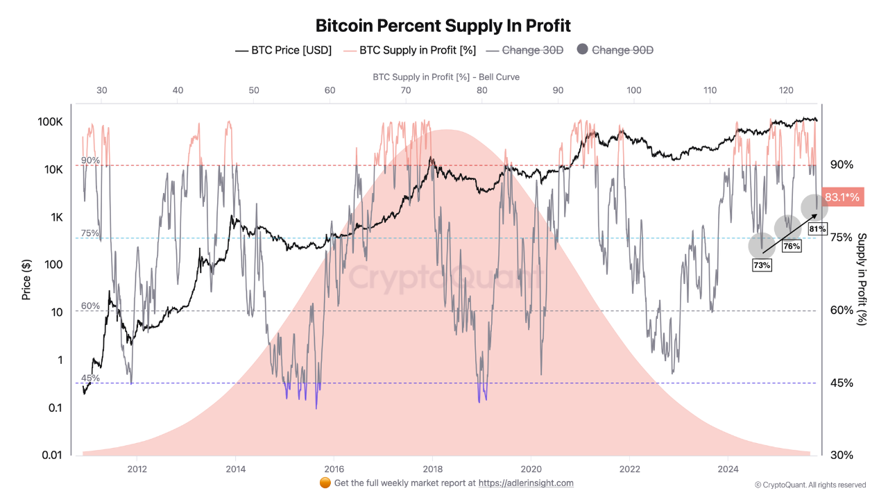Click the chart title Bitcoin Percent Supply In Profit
pos(443,26)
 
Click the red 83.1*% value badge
pos(842,197)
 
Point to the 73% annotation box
pos(762,265)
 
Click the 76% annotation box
pos(792,246)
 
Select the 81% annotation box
pos(817,228)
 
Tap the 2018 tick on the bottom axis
pos(432,468)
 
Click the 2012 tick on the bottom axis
pos(137,468)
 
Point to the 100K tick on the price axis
pos(50,122)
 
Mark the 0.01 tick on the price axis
pos(52,455)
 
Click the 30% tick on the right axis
pos(842,455)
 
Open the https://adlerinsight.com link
pos(526,483)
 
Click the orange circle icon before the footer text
pos(325,483)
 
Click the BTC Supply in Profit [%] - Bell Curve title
pos(446,77)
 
